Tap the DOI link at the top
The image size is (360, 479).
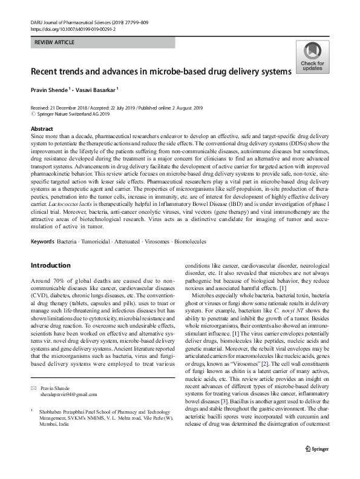pos(72,28)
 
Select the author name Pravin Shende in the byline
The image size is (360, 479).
pos(50,90)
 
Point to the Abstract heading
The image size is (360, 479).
pos(42,130)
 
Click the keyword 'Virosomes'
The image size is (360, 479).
pos(155,242)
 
